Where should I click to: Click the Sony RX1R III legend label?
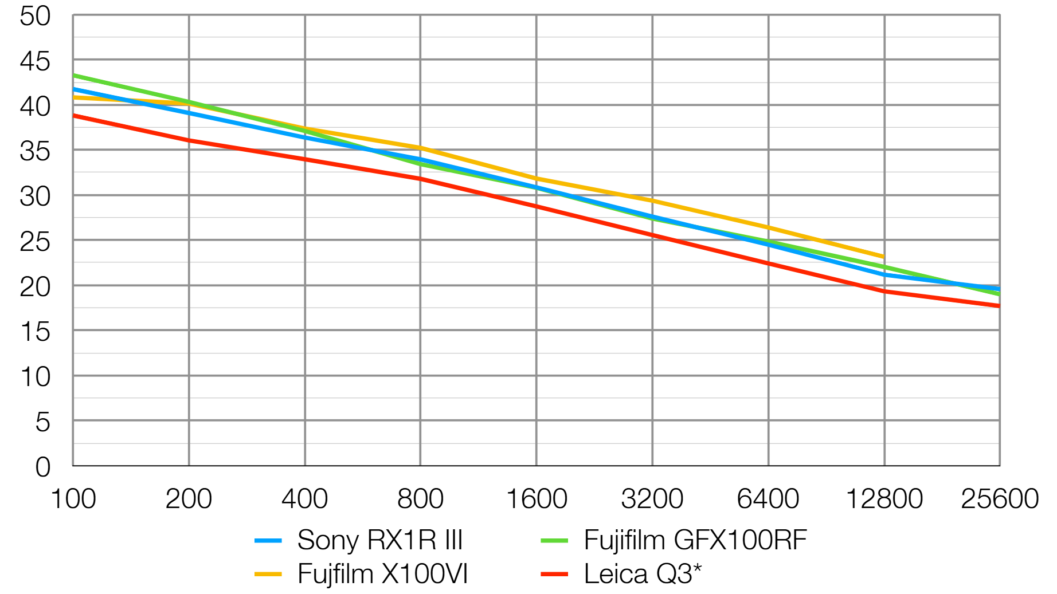click(379, 540)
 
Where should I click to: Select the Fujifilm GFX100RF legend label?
click(695, 540)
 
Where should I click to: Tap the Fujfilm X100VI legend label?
click(382, 574)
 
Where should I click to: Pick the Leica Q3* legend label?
click(642, 574)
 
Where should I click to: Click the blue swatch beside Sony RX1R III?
click(268, 541)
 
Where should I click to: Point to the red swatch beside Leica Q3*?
click(554, 574)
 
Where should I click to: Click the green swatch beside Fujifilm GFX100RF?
click(554, 541)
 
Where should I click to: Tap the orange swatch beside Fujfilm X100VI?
click(268, 574)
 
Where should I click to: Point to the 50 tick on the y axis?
click(35, 17)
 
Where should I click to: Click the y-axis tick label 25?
click(35, 242)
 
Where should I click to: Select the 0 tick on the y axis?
click(43, 467)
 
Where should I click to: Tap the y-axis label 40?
click(35, 107)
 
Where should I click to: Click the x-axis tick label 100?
click(73, 499)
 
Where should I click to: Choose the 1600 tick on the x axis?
click(537, 499)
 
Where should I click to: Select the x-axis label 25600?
click(1000, 499)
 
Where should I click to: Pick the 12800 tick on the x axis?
click(884, 499)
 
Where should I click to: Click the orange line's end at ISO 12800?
click(884, 257)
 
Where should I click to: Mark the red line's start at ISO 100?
click(74, 115)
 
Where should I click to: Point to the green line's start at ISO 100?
click(74, 75)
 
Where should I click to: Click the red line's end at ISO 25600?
click(999, 306)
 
